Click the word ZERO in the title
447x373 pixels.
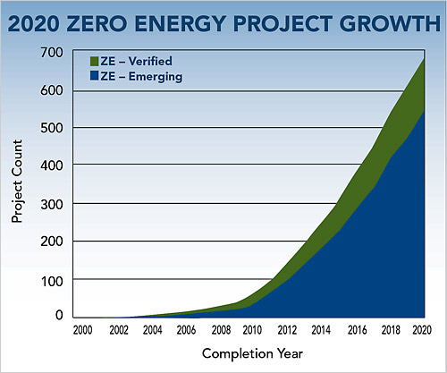click(97, 23)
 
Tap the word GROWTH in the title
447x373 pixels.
click(390, 23)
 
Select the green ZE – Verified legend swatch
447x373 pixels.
click(94, 61)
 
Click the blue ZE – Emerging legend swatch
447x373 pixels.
click(94, 76)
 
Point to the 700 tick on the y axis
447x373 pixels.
click(52, 53)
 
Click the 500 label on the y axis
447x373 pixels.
click(52, 128)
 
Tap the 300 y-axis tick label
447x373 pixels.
click(52, 205)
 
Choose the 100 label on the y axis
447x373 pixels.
click(52, 281)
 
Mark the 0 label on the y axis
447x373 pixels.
click(59, 315)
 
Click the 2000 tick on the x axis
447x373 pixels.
click(82, 330)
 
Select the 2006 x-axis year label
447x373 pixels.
click(186, 330)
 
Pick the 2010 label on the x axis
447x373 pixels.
click(252, 330)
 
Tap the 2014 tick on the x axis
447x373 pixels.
click(321, 330)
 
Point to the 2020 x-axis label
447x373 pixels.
click(422, 330)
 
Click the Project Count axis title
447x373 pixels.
click(17, 181)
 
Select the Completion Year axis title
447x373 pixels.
click(252, 354)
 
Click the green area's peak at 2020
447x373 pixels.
click(424, 59)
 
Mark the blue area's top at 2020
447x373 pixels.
click(424, 110)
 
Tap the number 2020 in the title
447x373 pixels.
click(34, 23)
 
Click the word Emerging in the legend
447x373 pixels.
click(156, 77)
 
